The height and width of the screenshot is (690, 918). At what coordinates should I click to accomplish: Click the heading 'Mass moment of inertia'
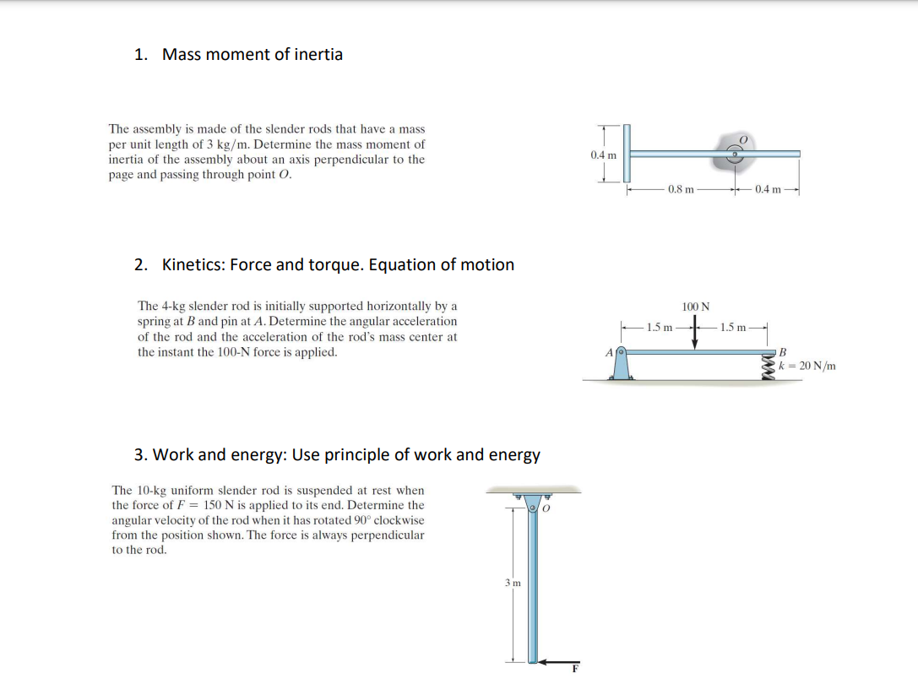(252, 55)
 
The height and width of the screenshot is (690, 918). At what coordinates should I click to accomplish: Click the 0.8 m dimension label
(681, 189)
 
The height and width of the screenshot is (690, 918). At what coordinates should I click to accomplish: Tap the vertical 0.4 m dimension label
(603, 155)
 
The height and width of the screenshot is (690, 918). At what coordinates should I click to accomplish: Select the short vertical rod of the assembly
(627, 153)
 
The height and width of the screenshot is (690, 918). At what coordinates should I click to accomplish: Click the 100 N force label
(696, 306)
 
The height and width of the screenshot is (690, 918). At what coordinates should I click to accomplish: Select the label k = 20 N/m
(808, 366)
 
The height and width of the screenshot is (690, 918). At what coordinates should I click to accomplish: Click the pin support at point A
(621, 364)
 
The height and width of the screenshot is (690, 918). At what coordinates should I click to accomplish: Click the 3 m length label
(512, 583)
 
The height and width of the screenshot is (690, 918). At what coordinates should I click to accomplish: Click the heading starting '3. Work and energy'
(337, 455)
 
